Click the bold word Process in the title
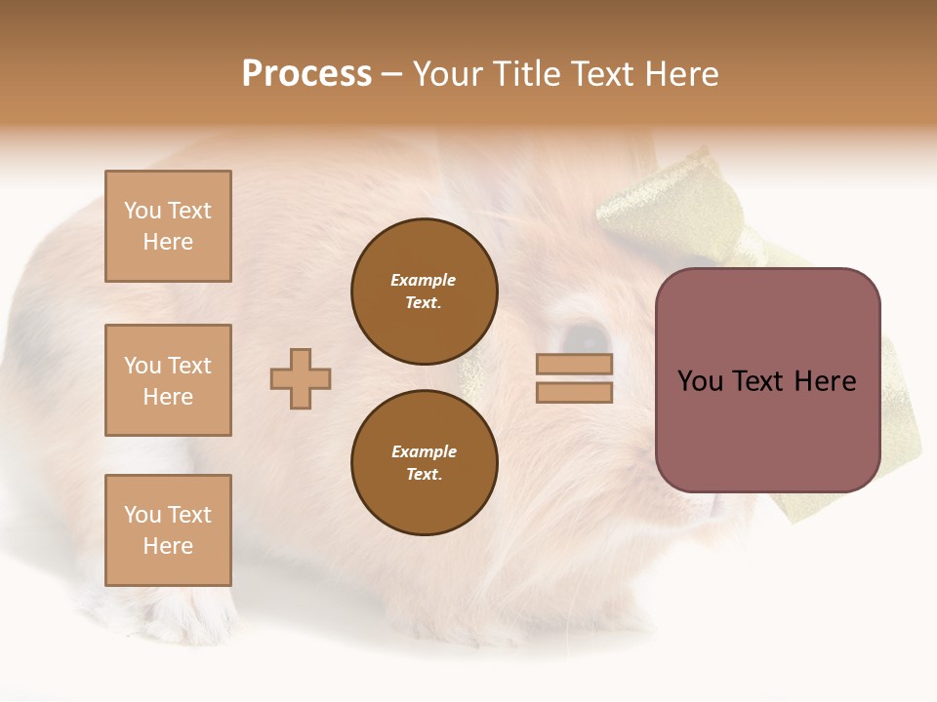[306, 74]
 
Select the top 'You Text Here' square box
[168, 226]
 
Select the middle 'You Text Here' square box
[168, 380]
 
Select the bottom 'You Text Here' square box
[168, 530]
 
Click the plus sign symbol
[301, 378]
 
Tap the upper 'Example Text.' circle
[425, 292]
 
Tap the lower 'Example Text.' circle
[425, 463]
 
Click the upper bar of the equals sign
[574, 364]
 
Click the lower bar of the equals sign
[574, 393]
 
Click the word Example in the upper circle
[424, 280]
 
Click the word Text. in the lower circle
[424, 475]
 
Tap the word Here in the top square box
[168, 242]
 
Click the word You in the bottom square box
[143, 515]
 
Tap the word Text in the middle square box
[189, 366]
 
